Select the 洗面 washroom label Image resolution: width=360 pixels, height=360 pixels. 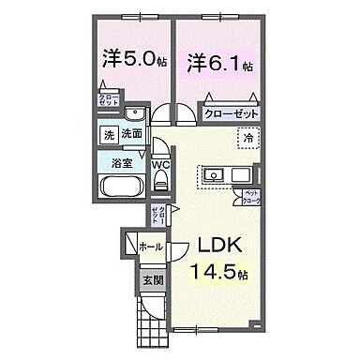pos(133,135)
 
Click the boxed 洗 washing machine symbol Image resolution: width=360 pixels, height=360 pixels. pos(111,135)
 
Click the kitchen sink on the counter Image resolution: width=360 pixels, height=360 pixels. pos(212,173)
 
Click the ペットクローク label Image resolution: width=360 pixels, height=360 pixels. pos(251,197)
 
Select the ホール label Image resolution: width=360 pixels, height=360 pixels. pos(149,247)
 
